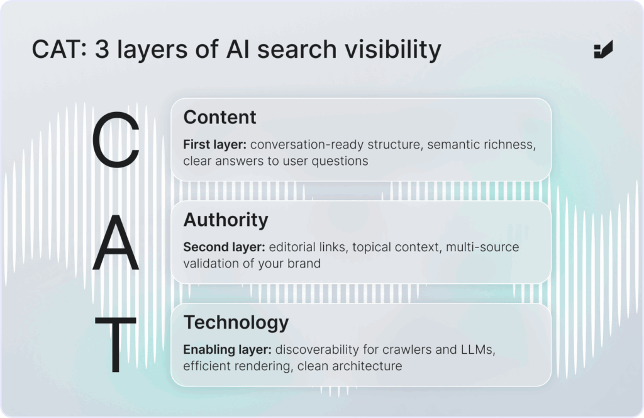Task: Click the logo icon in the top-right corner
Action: click(603, 49)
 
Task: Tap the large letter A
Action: click(116, 242)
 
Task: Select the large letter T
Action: click(116, 344)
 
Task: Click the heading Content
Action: click(219, 118)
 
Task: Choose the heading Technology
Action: click(236, 323)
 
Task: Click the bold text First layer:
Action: click(215, 145)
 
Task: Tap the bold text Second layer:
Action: click(225, 247)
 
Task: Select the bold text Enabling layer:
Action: click(228, 350)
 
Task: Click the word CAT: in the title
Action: click(60, 49)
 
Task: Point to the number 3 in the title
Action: click(102, 49)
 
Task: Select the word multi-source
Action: click(482, 247)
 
